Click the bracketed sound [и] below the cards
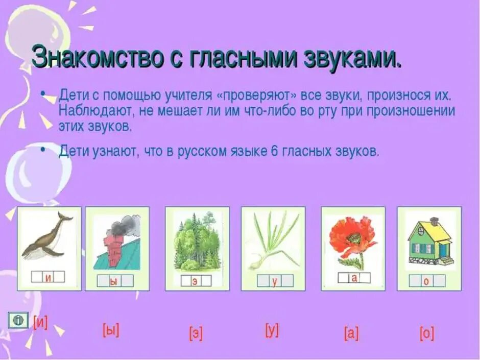coord(40,323)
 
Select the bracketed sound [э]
coord(196,333)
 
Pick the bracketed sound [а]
coord(351,333)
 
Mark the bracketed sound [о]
coord(426,333)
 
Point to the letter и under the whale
coord(48,277)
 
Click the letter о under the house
coord(426,281)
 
